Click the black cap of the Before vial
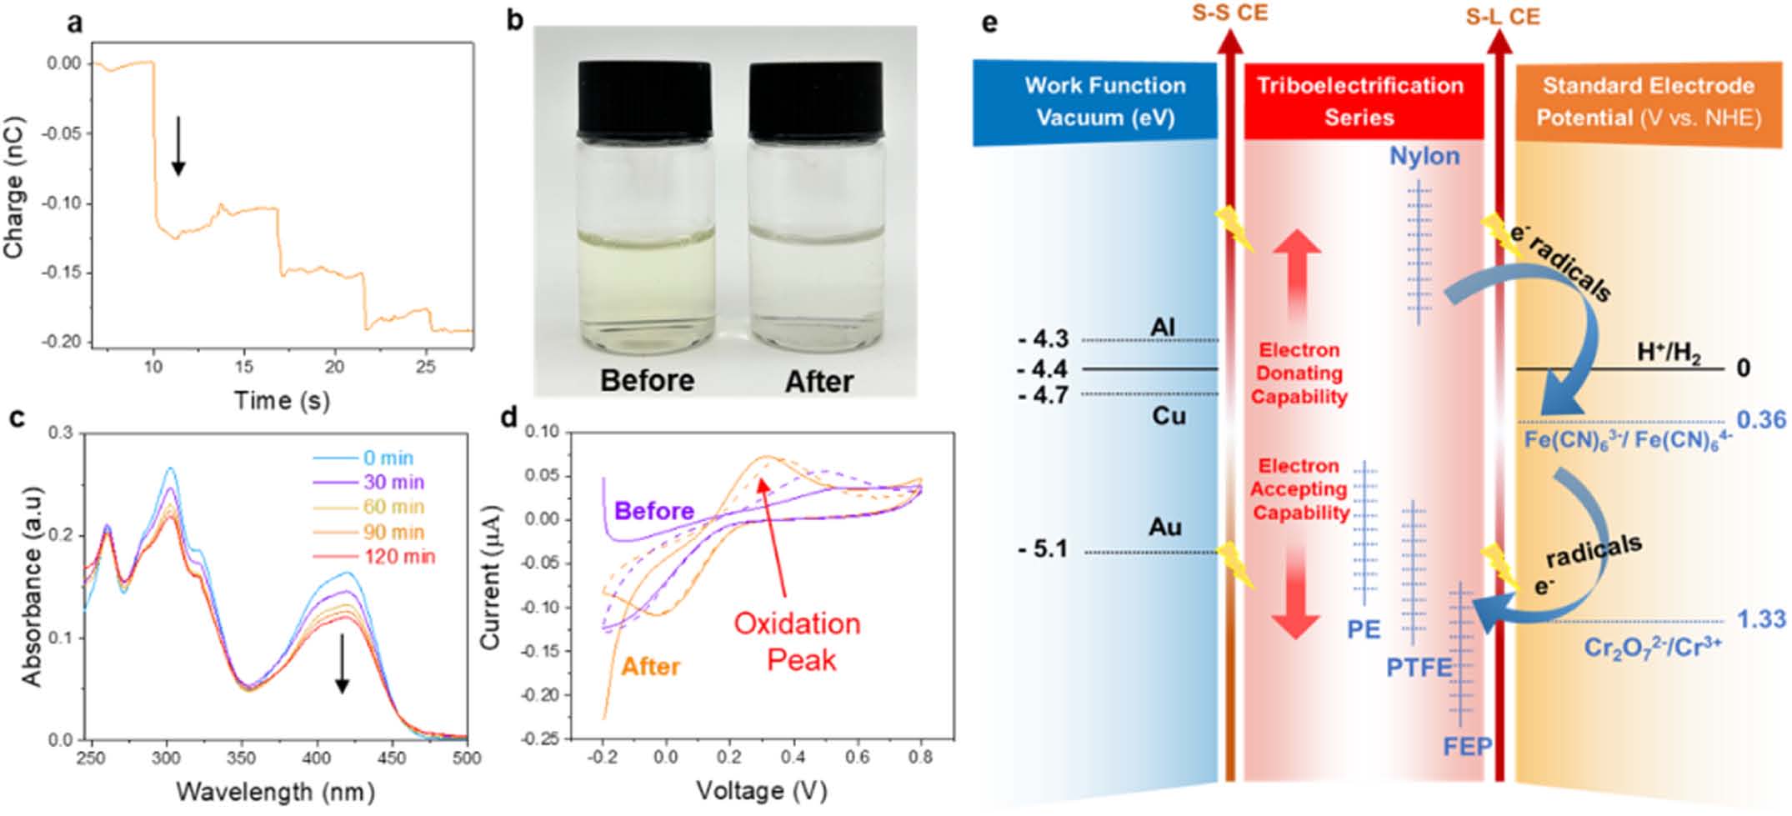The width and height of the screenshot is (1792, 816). [645, 99]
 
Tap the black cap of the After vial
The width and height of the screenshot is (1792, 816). [816, 99]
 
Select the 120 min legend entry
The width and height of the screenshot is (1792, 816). [399, 557]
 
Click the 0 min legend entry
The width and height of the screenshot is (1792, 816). [388, 458]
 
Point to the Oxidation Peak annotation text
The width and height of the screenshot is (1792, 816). [798, 642]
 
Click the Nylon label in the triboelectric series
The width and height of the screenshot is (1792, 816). [1424, 156]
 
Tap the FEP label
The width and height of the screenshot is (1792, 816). [1467, 746]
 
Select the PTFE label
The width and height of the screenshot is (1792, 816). [1419, 668]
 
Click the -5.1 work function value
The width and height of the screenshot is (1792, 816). [1043, 549]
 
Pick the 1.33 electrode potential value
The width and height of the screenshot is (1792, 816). [1761, 619]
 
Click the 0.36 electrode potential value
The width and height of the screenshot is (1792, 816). [1761, 420]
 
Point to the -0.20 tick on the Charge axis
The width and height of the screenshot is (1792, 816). [63, 342]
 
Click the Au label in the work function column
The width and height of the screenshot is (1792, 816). [1164, 527]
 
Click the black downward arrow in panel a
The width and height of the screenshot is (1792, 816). [178, 146]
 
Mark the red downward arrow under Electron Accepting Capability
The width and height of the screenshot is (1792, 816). [1296, 592]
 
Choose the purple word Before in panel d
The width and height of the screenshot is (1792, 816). [654, 510]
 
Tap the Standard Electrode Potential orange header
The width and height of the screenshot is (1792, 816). [1648, 101]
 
